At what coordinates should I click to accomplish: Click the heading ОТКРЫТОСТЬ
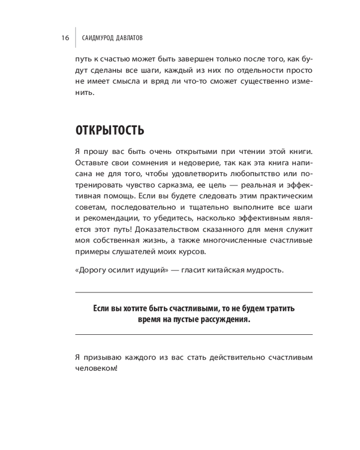110,130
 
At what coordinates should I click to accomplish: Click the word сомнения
144,162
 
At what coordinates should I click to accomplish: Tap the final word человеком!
97,369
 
